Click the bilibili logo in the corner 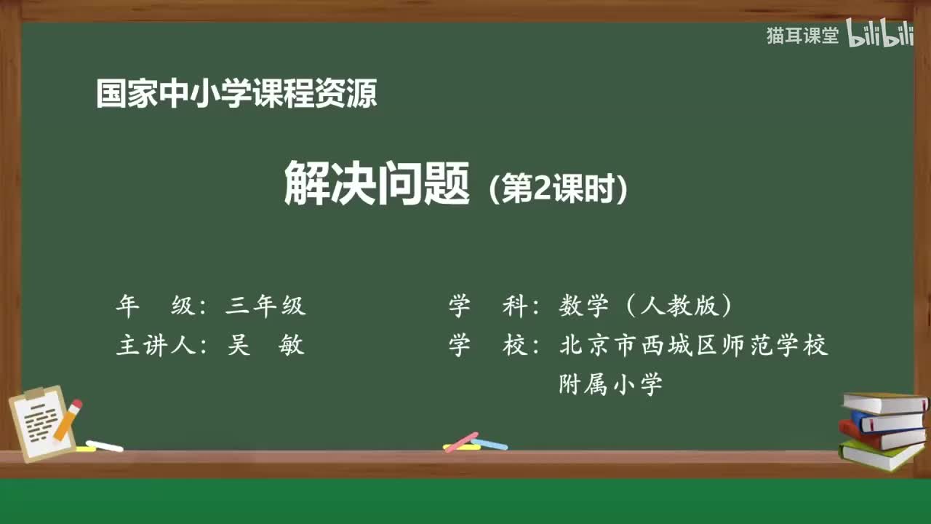pos(880,35)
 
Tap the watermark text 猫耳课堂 pos(802,36)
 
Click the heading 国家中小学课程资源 pos(236,94)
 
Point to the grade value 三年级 pos(265,306)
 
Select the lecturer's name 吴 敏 pos(265,345)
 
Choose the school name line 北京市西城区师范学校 pos(694,345)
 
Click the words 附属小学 pos(611,384)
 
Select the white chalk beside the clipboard pos(105,445)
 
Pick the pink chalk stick pos(461,441)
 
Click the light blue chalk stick pos(490,444)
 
